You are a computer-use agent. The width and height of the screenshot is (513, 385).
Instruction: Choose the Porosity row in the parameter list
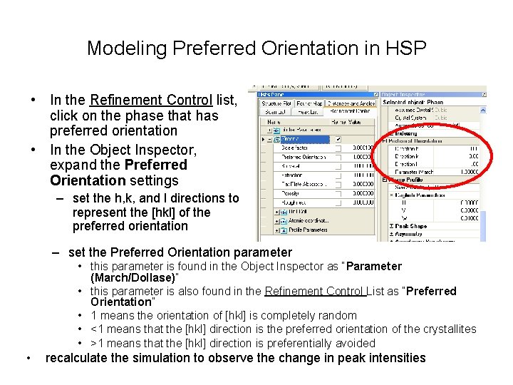[x=291, y=192]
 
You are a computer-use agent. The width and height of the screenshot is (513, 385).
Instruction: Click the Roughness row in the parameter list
[x=294, y=202]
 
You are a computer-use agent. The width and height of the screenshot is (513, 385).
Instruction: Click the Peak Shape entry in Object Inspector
[x=411, y=226]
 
